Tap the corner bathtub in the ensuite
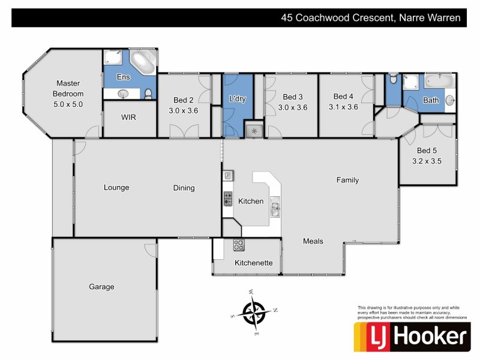click(143, 62)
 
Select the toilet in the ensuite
click(148, 93)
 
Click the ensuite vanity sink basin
click(124, 93)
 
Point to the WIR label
click(128, 117)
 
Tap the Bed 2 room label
click(183, 100)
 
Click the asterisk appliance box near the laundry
click(254, 130)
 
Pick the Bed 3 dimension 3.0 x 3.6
click(292, 108)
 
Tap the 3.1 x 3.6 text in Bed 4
click(343, 107)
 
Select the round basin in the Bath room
click(449, 101)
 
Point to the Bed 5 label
click(427, 150)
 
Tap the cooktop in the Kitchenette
click(238, 245)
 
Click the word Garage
click(101, 287)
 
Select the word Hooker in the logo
click(429, 337)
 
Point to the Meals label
click(313, 241)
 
